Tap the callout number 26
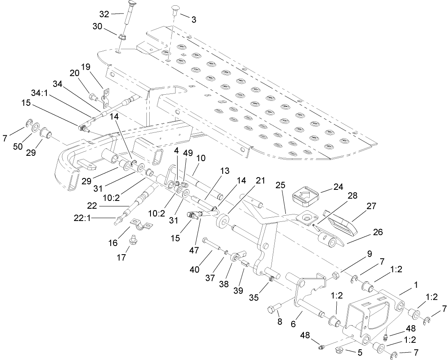tap(378, 232)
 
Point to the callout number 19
tap(85, 66)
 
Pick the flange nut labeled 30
tap(121, 38)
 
